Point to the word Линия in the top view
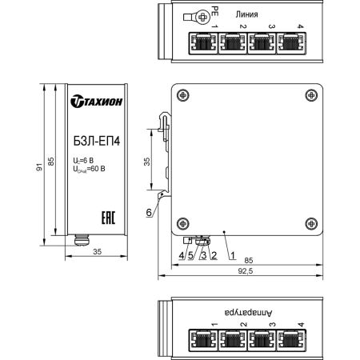(x=248, y=15)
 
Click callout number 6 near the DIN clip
(x=149, y=212)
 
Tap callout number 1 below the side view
(x=232, y=255)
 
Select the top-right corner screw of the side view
(x=310, y=93)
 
